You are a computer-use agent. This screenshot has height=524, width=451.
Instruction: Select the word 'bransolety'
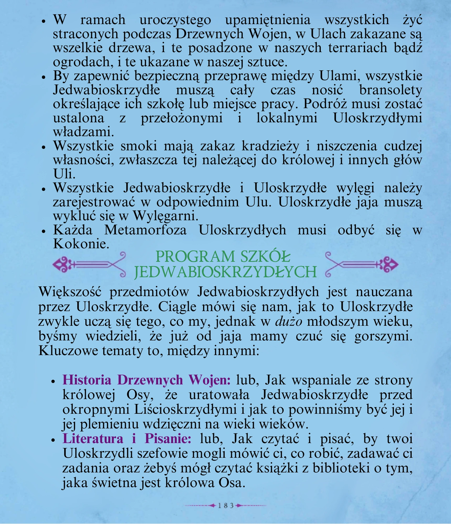pyautogui.click(x=390, y=90)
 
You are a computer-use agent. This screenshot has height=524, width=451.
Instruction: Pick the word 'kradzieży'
pyautogui.click(x=270, y=146)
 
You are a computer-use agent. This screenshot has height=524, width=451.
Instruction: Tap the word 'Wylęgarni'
pyautogui.click(x=165, y=216)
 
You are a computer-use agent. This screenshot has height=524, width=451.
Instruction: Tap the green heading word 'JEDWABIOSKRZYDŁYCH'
pyautogui.click(x=225, y=272)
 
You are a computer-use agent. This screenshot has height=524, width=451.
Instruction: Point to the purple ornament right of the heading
pyautogui.click(x=362, y=265)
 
